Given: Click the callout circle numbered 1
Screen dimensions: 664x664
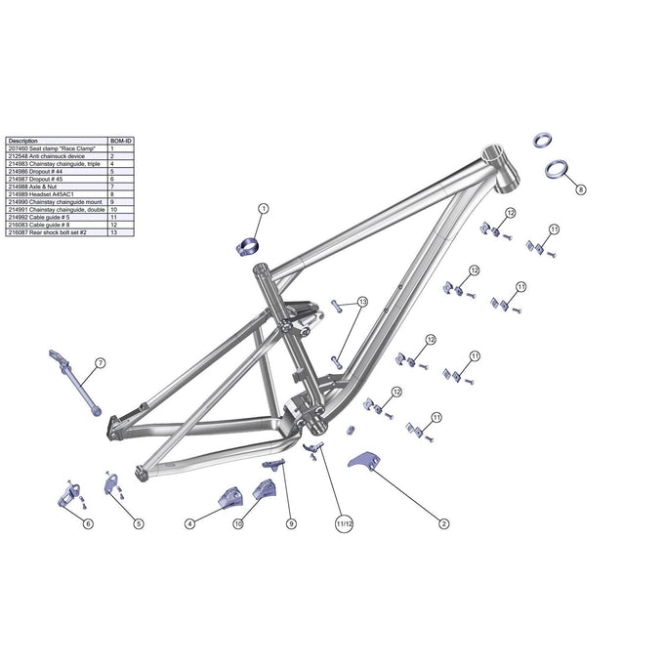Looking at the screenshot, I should [263, 209].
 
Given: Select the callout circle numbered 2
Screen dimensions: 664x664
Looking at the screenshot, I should [443, 524].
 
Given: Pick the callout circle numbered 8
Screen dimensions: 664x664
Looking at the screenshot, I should [581, 189].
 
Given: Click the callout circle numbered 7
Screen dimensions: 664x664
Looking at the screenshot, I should [100, 363].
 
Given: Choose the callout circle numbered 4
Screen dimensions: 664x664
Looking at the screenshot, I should [189, 524].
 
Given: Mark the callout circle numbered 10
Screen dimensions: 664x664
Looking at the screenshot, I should [237, 524].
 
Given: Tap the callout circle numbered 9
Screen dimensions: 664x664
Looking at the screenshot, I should [290, 524].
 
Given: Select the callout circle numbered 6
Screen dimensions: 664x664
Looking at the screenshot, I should [88, 524].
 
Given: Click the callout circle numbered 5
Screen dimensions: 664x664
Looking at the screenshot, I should [139, 524].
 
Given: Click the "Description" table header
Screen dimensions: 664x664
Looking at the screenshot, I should [23, 142].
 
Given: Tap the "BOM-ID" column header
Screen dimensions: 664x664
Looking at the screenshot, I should [120, 142].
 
